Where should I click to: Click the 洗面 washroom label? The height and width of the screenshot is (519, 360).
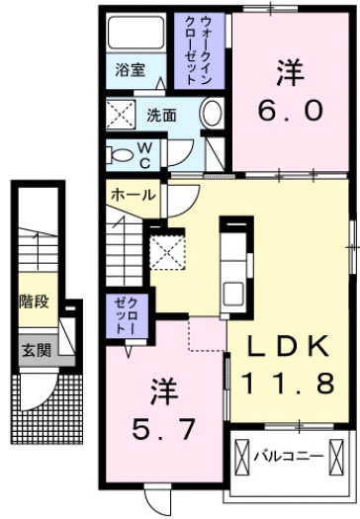(162, 114)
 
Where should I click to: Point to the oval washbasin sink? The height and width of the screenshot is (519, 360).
(212, 116)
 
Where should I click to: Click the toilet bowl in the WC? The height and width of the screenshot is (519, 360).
(121, 154)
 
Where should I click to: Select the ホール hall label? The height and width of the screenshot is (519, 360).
(134, 195)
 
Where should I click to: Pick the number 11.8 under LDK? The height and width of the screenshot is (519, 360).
(289, 382)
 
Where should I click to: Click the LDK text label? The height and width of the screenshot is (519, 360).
(288, 346)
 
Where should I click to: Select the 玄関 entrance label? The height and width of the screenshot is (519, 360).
(33, 348)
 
